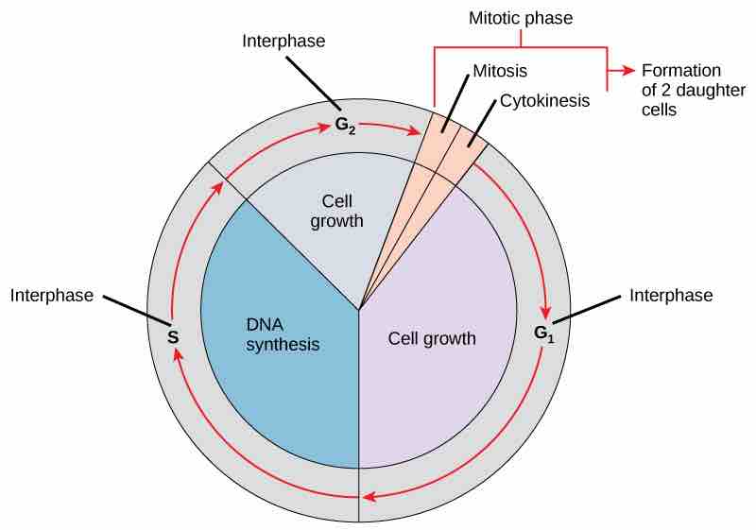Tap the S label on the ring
[173, 335]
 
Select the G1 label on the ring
[541, 333]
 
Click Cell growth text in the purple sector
[432, 337]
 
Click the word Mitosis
[499, 70]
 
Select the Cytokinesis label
[544, 98]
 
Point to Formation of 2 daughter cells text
[680, 90]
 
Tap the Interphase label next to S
[52, 296]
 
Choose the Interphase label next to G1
[671, 296]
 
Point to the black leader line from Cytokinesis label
[482, 123]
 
